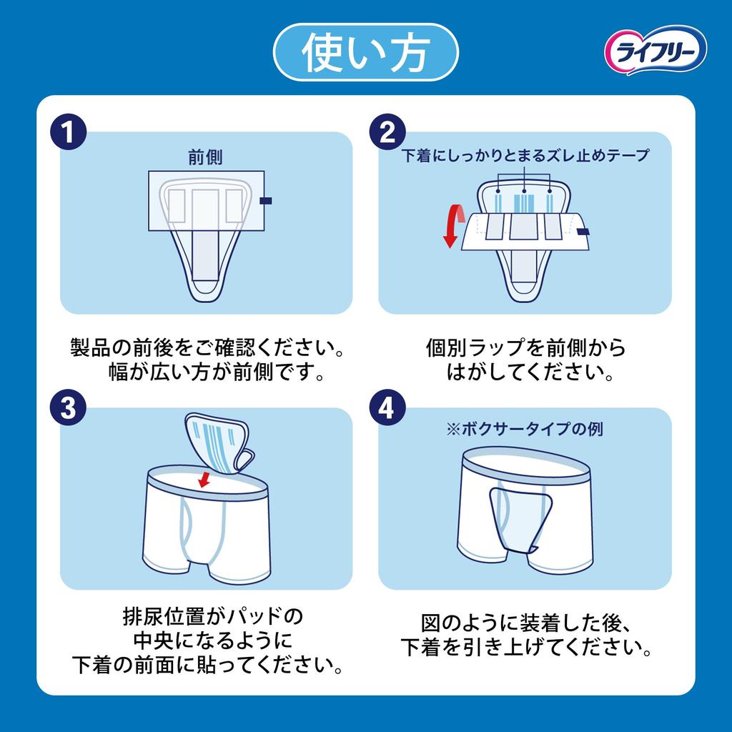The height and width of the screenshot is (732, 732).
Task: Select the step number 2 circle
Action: pyautogui.click(x=387, y=133)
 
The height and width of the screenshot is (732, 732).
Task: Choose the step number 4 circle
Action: pyautogui.click(x=387, y=409)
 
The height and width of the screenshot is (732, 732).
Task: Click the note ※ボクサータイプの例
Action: pyautogui.click(x=525, y=430)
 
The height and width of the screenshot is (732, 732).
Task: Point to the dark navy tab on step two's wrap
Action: pyautogui.click(x=583, y=232)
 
